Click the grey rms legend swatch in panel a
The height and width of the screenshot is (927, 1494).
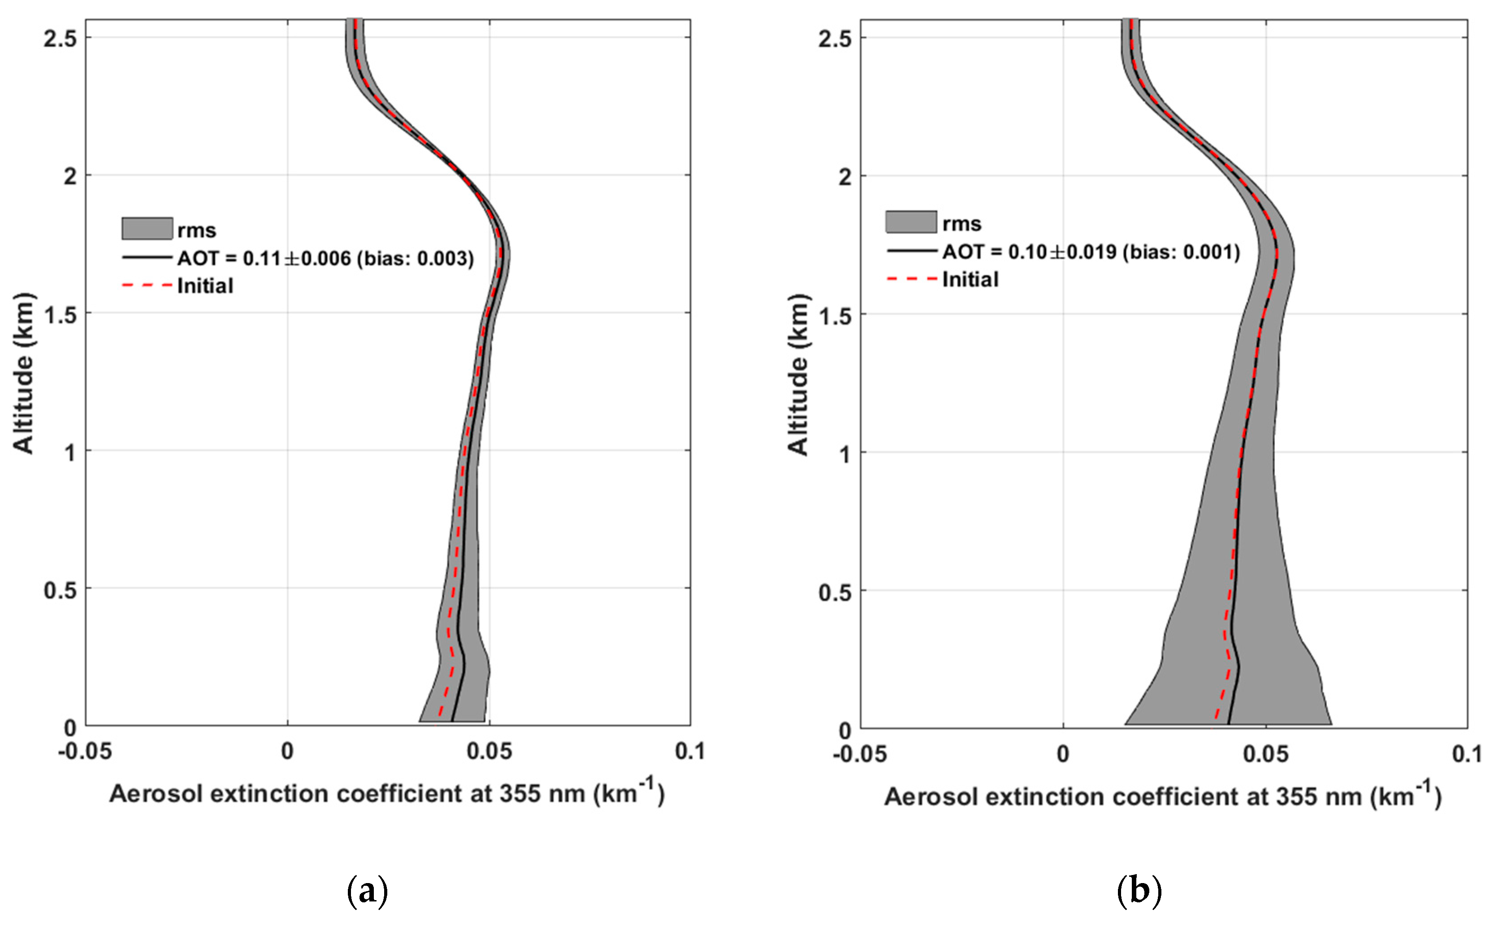[x=147, y=229]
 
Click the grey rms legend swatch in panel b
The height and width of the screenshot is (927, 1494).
[x=910, y=222]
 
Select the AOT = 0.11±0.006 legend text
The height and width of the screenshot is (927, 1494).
[x=325, y=258]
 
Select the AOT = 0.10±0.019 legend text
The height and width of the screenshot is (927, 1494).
[x=1091, y=251]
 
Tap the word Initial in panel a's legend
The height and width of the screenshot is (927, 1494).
[x=205, y=286]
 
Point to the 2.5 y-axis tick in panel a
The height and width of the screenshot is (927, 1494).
[x=60, y=39]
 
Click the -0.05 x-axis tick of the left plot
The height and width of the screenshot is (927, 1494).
[x=85, y=751]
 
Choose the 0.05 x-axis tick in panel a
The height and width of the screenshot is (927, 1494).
[x=489, y=751]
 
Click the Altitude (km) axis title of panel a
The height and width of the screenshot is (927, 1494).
[x=23, y=373]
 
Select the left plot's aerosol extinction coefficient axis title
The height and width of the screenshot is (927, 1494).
[x=386, y=793]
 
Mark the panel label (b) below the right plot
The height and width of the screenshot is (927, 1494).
[x=1139, y=890]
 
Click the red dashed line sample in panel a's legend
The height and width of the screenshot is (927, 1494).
[x=147, y=286]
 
